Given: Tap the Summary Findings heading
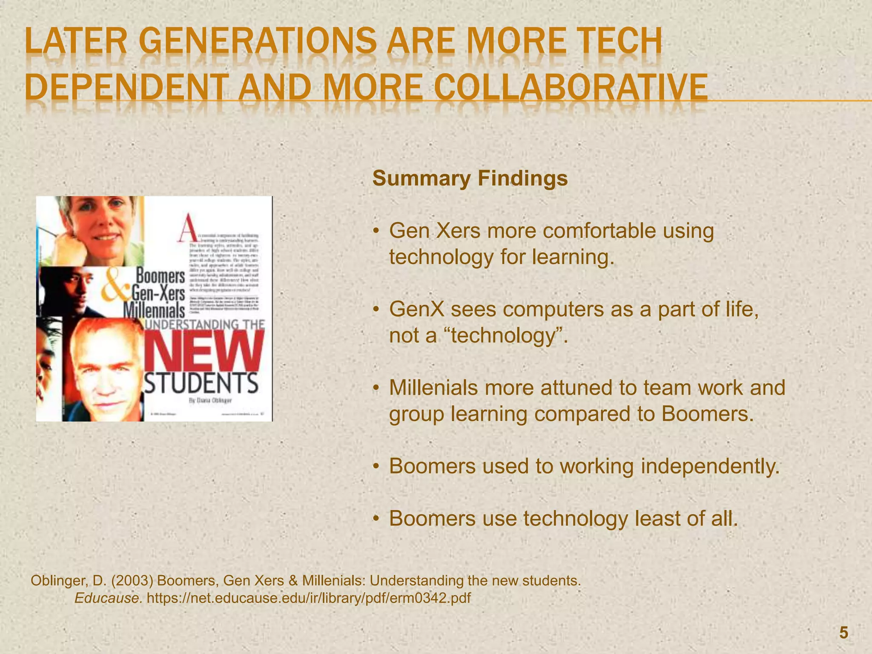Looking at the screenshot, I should (470, 178).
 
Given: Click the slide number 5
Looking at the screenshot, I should (843, 633).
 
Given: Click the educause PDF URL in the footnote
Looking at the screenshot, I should (309, 598).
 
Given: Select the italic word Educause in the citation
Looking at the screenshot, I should (109, 598).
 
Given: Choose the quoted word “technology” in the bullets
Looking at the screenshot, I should (508, 336).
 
